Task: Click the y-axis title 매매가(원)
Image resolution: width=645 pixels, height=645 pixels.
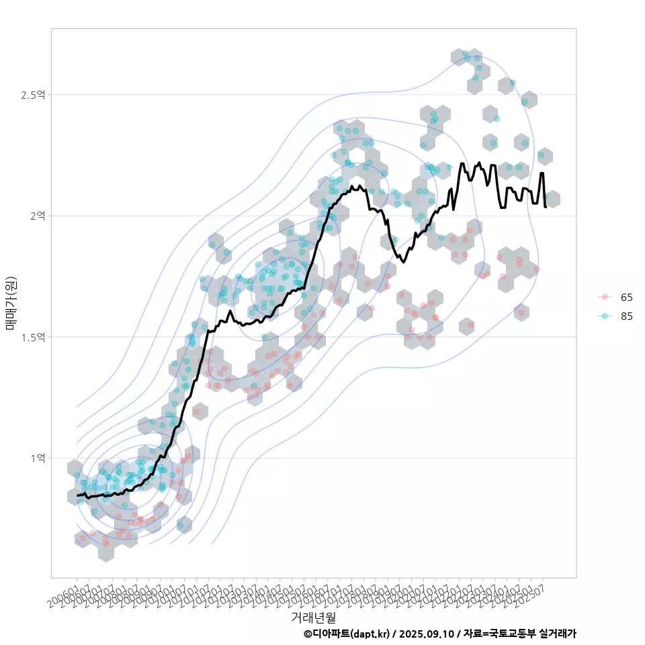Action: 11,303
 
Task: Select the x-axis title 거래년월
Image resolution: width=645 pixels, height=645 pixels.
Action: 313,616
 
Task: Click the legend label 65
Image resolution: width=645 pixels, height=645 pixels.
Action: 626,297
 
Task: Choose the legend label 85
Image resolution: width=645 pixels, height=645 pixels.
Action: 626,316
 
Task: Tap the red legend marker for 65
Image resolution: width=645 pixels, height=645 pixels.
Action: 605,297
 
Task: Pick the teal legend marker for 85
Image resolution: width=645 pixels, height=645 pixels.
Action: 605,316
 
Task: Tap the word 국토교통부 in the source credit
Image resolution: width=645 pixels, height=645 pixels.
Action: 513,634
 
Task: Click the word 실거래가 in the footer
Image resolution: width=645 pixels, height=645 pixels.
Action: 558,634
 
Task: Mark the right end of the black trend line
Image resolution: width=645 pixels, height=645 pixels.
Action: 545,206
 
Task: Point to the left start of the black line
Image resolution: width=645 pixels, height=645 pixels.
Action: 78,495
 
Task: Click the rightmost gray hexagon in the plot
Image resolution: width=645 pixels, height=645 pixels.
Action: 552,199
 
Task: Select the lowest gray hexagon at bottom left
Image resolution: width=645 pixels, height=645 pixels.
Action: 105,552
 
